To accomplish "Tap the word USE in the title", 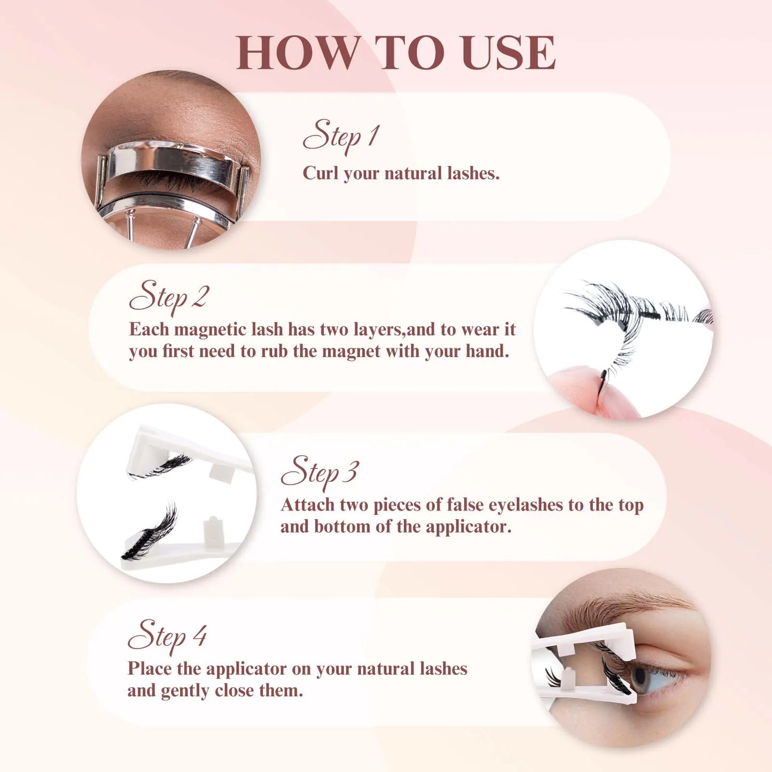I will click(509, 52).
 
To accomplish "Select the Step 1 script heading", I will click(341, 136).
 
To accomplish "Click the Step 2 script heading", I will click(169, 297).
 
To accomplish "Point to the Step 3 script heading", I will click(319, 472).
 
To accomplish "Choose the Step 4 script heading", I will click(167, 636).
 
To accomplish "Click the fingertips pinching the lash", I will click(593, 393).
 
